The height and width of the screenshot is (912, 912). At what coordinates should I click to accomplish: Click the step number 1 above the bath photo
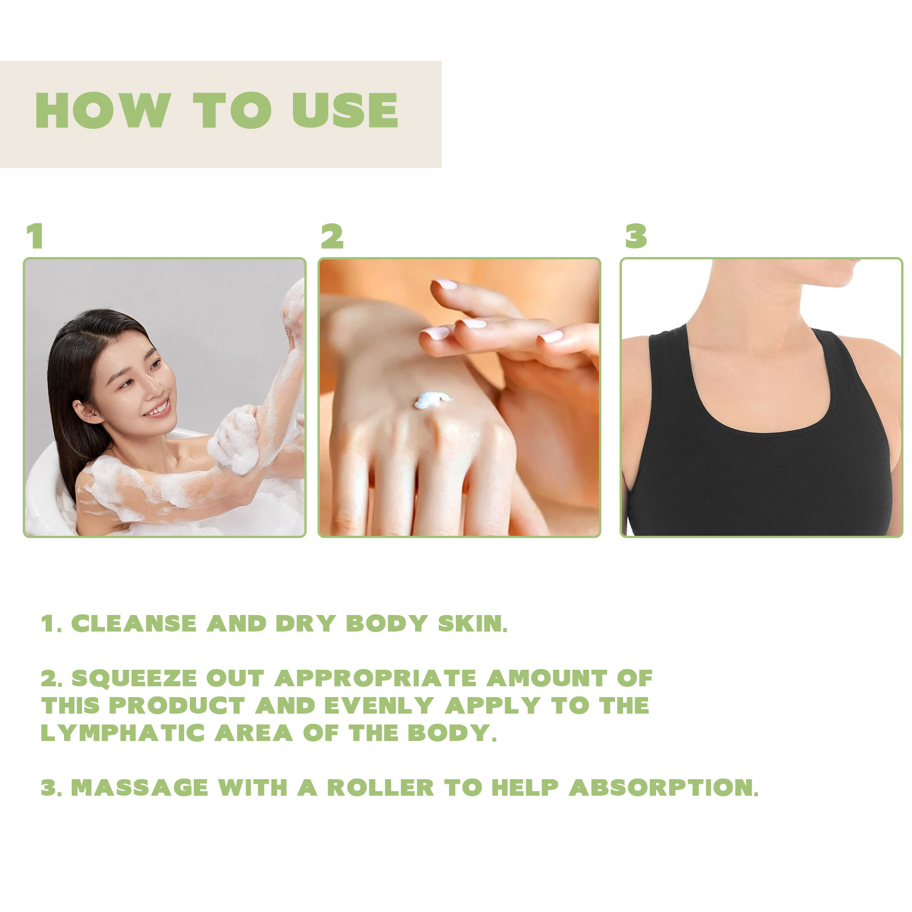[x=35, y=236]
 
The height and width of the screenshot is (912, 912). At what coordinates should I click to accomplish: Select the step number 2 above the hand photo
[x=332, y=236]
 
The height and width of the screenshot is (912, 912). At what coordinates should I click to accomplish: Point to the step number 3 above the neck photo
[x=636, y=236]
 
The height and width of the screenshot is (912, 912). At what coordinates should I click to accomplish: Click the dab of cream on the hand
[x=432, y=400]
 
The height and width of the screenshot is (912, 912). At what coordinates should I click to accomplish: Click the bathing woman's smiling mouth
[x=158, y=409]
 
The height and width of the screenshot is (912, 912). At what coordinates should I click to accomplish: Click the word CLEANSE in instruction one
[x=134, y=624]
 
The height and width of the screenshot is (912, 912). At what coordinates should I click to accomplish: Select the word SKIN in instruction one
[x=473, y=624]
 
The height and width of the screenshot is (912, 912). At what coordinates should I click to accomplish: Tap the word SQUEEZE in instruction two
[x=135, y=678]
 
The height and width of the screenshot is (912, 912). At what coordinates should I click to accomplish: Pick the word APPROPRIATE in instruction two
[x=376, y=678]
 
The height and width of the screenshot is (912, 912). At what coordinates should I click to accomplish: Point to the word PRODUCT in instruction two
[x=177, y=706]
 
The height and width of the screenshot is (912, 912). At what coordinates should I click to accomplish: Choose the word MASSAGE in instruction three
[x=140, y=788]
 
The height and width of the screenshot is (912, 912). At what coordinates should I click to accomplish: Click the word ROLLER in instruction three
[x=381, y=788]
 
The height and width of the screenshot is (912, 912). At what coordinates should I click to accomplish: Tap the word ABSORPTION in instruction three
[x=664, y=788]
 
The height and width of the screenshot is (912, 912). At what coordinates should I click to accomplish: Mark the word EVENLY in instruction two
[x=379, y=706]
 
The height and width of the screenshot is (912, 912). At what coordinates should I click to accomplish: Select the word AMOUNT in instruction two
[x=547, y=678]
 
